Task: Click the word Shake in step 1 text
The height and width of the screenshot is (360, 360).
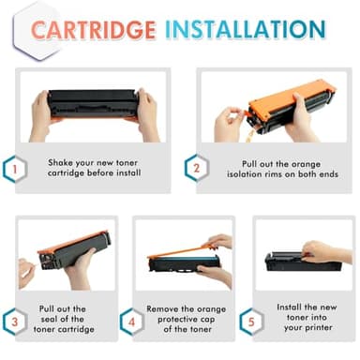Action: [x=63, y=161]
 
